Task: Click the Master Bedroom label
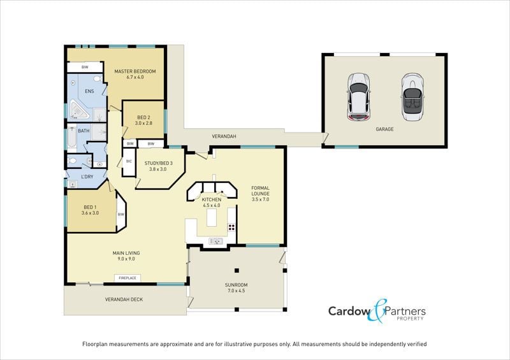tap(135, 74)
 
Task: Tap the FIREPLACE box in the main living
tap(127, 278)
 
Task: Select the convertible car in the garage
tap(412, 97)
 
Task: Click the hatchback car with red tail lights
tap(359, 97)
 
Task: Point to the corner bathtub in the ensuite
tap(78, 110)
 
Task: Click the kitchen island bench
tap(212, 217)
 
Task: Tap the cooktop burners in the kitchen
tap(231, 227)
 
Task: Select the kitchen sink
tap(215, 241)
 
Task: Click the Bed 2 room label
tap(143, 120)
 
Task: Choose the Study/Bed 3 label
tap(158, 166)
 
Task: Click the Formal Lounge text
tap(260, 194)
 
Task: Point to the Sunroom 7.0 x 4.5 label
tap(236, 288)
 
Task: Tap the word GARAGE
tap(384, 129)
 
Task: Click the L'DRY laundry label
tap(87, 176)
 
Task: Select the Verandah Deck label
tap(124, 299)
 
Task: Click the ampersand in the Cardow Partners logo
tap(377, 310)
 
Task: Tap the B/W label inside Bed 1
tap(120, 214)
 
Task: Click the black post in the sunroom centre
tap(237, 270)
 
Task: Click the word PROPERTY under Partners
tap(410, 319)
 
